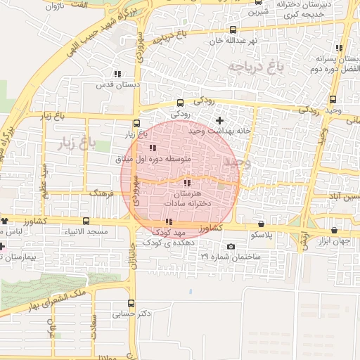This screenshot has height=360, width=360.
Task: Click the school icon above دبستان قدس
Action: (117, 74)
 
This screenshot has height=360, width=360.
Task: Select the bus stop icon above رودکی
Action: (181, 102)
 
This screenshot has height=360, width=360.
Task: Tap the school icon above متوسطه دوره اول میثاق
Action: (153, 148)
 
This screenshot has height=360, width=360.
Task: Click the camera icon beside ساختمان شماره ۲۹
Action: (231, 246)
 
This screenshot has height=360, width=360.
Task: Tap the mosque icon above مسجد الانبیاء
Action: (86, 221)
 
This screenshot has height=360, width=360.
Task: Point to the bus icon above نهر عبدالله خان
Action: (233, 30)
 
